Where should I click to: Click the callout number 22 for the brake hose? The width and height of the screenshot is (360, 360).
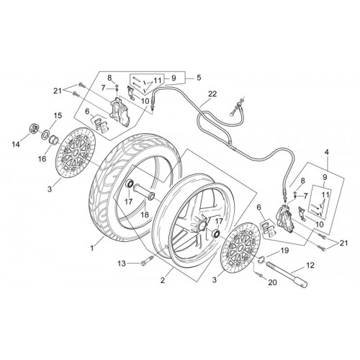pos(212,94)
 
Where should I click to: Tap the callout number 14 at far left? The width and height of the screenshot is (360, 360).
pos(16,145)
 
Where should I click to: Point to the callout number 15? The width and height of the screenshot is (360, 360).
pos(58,115)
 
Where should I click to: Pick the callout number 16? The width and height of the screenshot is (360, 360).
pos(42,158)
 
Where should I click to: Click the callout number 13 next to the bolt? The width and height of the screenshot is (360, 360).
pos(122,264)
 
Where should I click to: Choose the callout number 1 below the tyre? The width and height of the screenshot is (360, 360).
pos(92,248)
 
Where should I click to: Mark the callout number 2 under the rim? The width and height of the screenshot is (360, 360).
pos(163,280)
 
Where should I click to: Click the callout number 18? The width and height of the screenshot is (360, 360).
pos(145,215)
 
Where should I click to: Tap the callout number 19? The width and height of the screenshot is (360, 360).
pos(284,251)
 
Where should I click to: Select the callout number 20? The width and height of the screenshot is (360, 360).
pos(272,282)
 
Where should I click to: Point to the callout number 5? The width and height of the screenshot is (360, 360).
pos(199,78)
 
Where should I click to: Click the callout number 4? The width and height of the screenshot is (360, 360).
pos(327,152)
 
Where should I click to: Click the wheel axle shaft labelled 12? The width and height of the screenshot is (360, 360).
pos(287,274)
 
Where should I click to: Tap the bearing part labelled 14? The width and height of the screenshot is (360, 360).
pos(35,128)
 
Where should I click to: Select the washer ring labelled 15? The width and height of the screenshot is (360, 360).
pos(45,135)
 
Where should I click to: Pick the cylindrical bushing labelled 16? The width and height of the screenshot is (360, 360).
pos(54,140)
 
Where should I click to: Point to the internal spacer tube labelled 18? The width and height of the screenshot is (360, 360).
pos(143,191)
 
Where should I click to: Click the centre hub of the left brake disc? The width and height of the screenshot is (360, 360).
pos(76,153)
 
